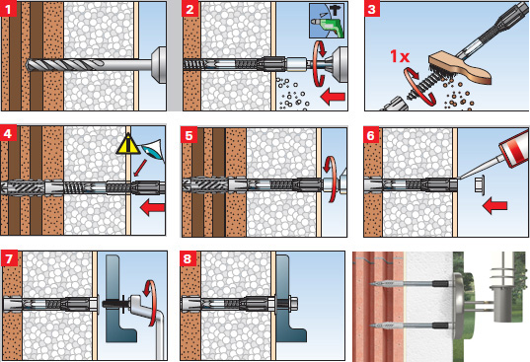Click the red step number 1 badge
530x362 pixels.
[8, 9]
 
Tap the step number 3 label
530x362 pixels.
[372, 9]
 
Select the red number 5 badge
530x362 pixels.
[189, 135]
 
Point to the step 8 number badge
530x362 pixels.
[188, 258]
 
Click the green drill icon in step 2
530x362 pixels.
[327, 21]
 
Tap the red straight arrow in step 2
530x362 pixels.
[333, 98]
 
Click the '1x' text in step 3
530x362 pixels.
[400, 56]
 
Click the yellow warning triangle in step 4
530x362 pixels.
[127, 145]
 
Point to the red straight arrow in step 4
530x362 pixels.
[152, 207]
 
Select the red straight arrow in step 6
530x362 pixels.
[494, 205]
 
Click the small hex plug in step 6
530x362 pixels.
[479, 185]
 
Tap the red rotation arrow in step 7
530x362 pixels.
[150, 303]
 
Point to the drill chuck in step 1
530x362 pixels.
[158, 65]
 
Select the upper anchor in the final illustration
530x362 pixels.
[412, 284]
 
